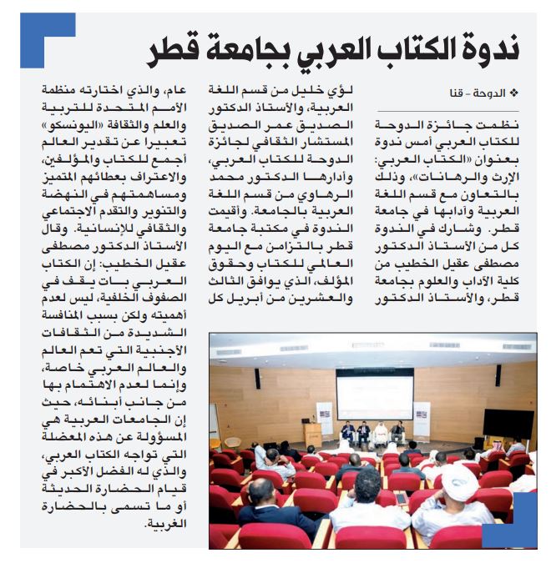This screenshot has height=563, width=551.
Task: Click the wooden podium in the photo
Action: click(313, 435)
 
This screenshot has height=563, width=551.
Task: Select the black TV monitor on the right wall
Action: click(508, 423)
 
